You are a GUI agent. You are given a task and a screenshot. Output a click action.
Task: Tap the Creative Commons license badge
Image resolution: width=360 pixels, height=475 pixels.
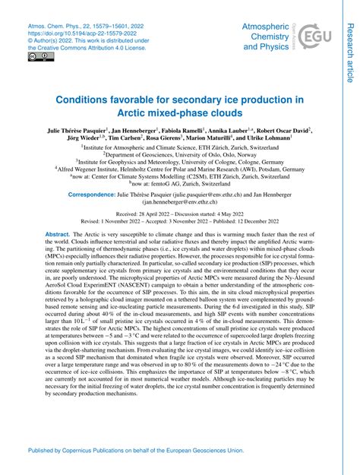click(x=36, y=56)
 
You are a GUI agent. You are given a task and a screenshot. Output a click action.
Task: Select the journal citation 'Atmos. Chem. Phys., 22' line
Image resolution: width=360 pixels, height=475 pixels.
click(x=80, y=26)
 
